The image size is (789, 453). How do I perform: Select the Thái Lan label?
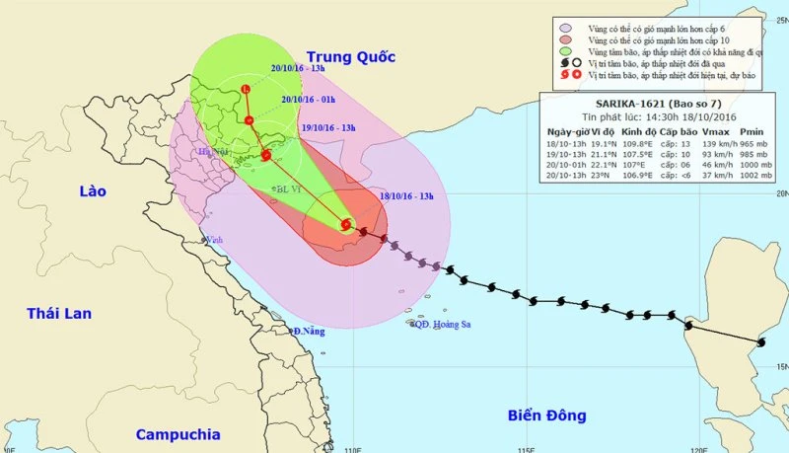(x=59, y=314)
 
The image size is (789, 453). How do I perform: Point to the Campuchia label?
(x=177, y=434)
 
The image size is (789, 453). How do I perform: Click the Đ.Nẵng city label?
(x=308, y=331)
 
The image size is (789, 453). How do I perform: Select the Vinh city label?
(x=210, y=238)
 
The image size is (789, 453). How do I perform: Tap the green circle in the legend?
(x=564, y=51)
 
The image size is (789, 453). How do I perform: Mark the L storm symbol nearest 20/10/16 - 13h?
(x=246, y=91)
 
